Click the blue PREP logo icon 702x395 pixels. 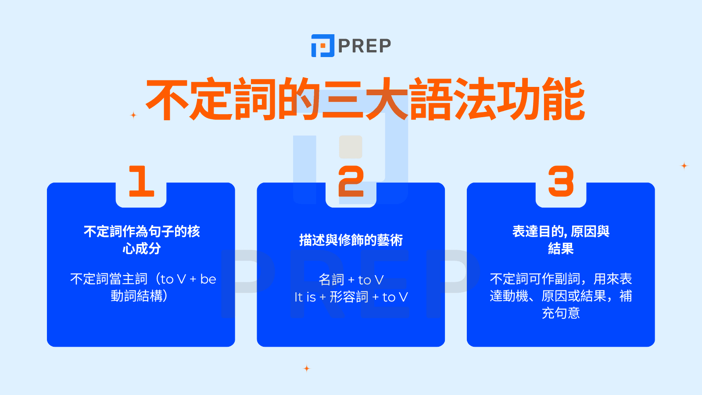pos(322,46)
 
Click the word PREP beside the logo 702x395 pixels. pos(364,46)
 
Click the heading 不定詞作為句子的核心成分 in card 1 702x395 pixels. pos(141,240)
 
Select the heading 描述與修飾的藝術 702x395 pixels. pos(351,240)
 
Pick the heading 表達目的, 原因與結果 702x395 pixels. pos(561,240)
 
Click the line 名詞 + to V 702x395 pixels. pos(351,280)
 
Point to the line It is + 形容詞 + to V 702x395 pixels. pos(351,297)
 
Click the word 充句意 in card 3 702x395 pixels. pos(561,313)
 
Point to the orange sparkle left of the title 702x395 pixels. pos(133,115)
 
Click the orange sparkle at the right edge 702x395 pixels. pos(684,165)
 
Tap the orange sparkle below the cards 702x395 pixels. pos(307,368)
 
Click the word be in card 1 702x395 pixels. pos(208,279)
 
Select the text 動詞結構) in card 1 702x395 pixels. pos(139,296)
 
